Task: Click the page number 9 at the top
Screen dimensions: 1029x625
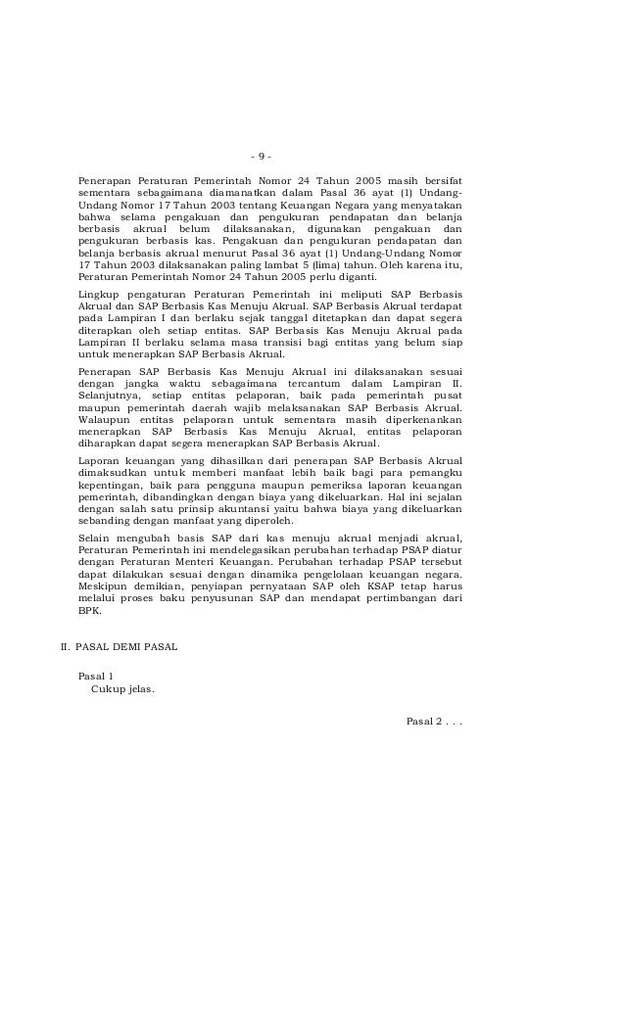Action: (x=261, y=159)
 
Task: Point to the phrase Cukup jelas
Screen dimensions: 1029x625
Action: (x=122, y=688)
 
